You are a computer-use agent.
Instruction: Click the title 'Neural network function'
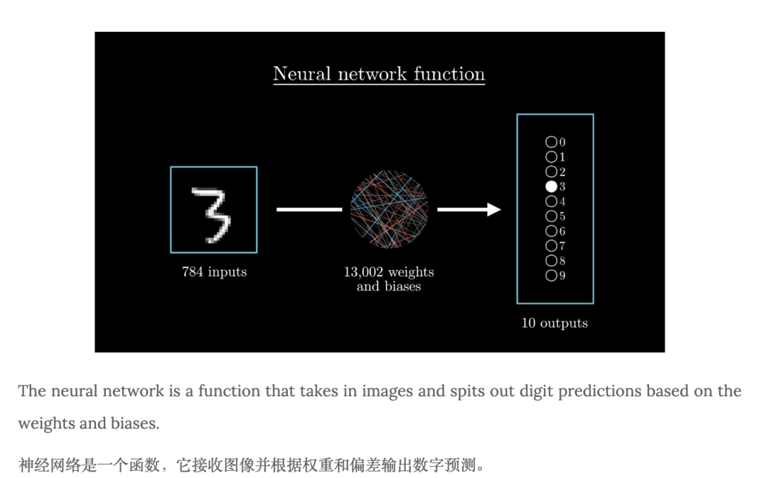point(379,74)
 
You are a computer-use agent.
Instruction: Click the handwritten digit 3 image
point(213,209)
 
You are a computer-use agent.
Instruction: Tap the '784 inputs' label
point(214,271)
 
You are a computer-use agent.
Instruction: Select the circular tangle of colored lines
point(389,209)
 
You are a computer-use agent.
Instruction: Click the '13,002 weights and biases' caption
point(389,279)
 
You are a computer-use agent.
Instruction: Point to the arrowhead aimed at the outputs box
point(493,209)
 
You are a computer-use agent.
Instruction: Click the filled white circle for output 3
point(551,187)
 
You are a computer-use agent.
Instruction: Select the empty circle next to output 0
point(551,142)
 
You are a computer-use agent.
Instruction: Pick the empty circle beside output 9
point(551,276)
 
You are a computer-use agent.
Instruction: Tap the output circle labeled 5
point(551,216)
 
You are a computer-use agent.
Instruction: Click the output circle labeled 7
point(551,246)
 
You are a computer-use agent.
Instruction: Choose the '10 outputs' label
point(555,323)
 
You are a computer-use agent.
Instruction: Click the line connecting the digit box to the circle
point(308,209)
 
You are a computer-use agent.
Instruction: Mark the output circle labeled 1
point(551,157)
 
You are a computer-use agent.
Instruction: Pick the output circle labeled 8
point(551,261)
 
